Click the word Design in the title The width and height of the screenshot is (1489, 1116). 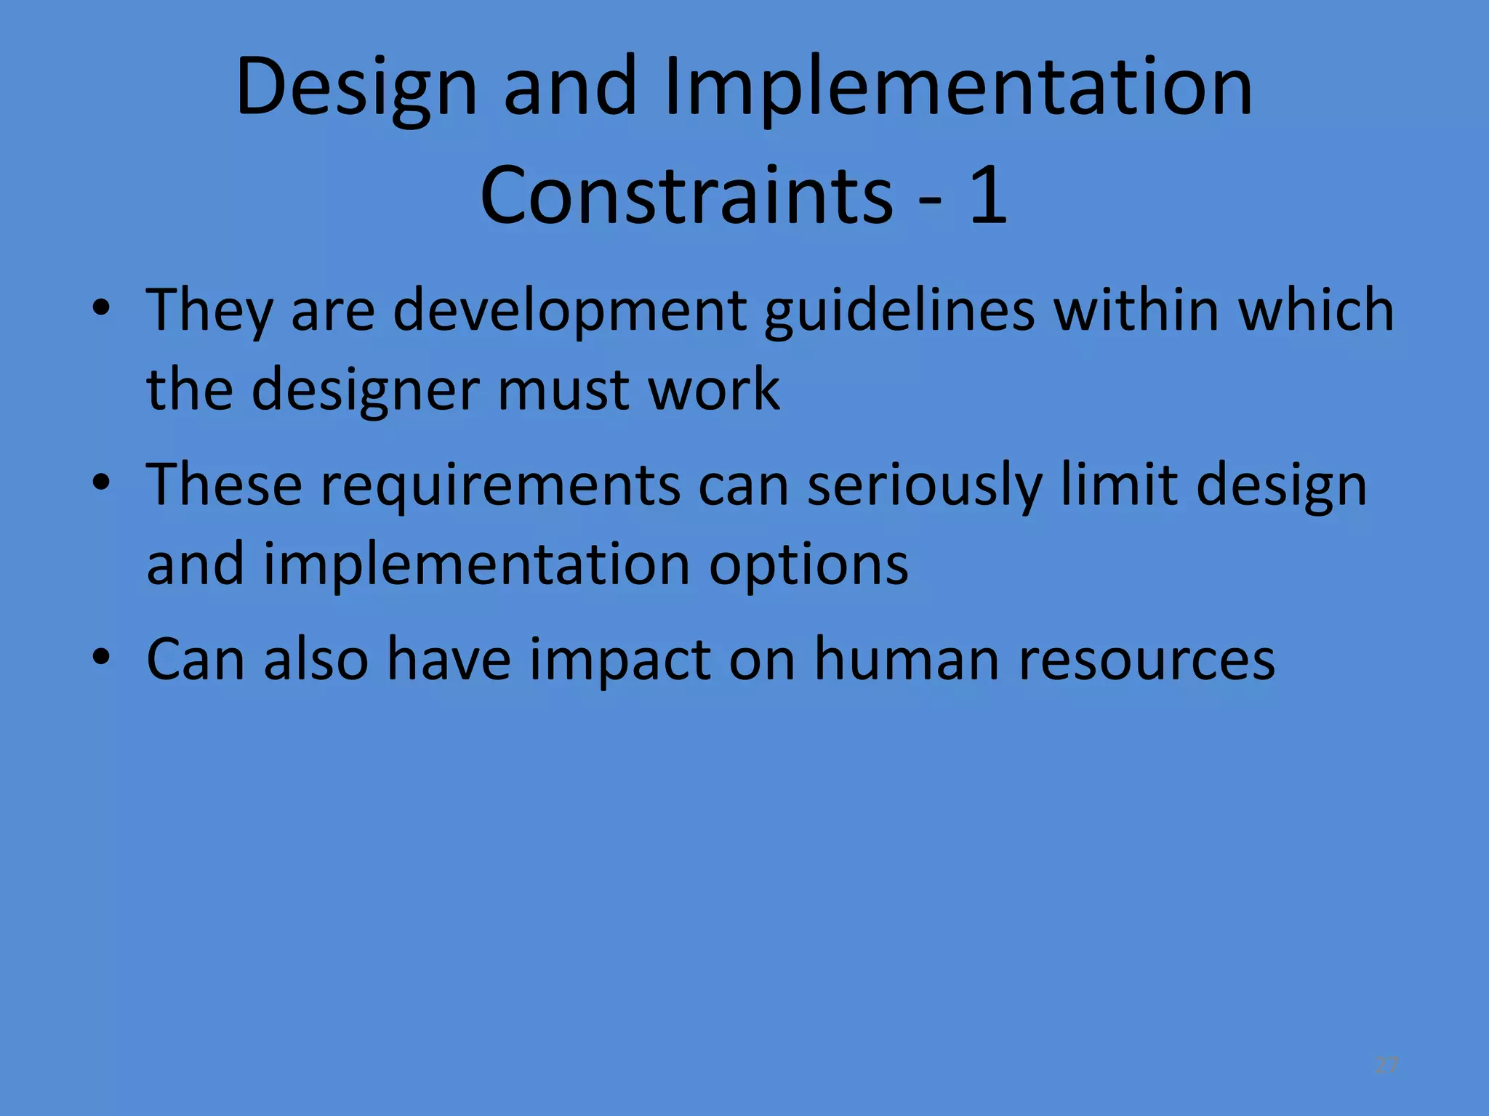pyautogui.click(x=356, y=89)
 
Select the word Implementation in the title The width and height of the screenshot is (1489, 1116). pyautogui.click(x=958, y=89)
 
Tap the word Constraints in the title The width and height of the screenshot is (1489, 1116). pyautogui.click(x=686, y=195)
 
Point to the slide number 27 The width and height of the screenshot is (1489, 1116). pyautogui.click(x=1386, y=1065)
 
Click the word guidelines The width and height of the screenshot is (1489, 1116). pyautogui.click(x=899, y=311)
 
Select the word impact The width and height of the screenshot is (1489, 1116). pyautogui.click(x=619, y=660)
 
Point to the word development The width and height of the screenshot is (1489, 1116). pyautogui.click(x=570, y=311)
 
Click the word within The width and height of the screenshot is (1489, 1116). pyautogui.click(x=1136, y=310)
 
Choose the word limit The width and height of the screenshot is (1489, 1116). pyautogui.click(x=1119, y=484)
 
